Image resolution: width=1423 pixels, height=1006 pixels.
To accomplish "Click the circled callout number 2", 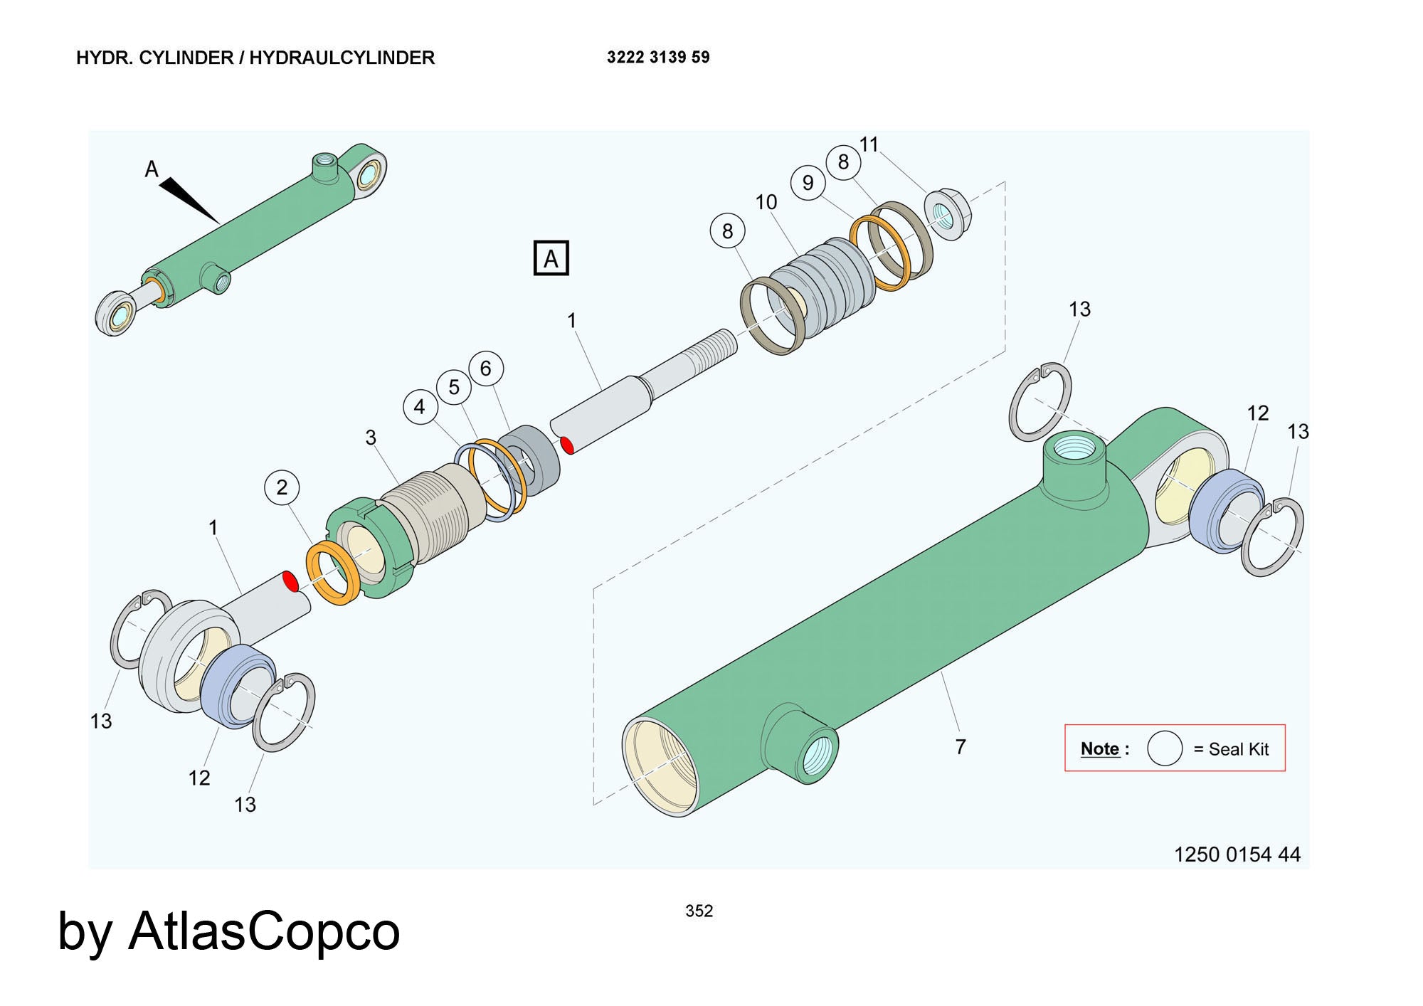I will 282,487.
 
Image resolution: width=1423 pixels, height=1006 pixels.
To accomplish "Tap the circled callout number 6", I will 486,369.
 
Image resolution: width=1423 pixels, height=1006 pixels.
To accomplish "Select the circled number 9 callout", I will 808,184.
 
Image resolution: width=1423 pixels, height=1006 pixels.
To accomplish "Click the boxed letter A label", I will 551,258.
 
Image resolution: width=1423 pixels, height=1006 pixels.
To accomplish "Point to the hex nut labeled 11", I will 947,213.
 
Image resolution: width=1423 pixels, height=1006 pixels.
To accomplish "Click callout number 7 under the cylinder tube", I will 960,747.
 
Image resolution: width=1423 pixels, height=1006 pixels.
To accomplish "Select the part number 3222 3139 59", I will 657,58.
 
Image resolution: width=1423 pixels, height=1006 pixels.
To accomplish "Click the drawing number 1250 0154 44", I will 1237,854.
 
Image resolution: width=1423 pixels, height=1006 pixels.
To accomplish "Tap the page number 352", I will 699,911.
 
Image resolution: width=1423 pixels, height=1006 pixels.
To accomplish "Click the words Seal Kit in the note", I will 1238,749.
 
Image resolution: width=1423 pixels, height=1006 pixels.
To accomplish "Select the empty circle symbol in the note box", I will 1164,748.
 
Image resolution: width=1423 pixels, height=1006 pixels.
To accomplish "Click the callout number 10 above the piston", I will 766,203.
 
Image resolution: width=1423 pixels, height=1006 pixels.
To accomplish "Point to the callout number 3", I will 371,438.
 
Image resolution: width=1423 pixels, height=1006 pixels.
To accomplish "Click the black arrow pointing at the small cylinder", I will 188,199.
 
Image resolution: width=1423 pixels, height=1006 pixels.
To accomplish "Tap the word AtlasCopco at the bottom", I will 264,931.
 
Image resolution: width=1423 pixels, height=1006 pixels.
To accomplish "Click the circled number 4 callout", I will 419,407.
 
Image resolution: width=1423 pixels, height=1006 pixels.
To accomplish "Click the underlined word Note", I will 1099,748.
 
